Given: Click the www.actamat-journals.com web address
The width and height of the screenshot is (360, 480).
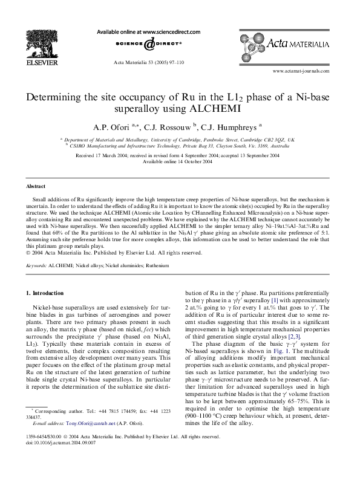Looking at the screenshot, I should pos(301,71).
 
